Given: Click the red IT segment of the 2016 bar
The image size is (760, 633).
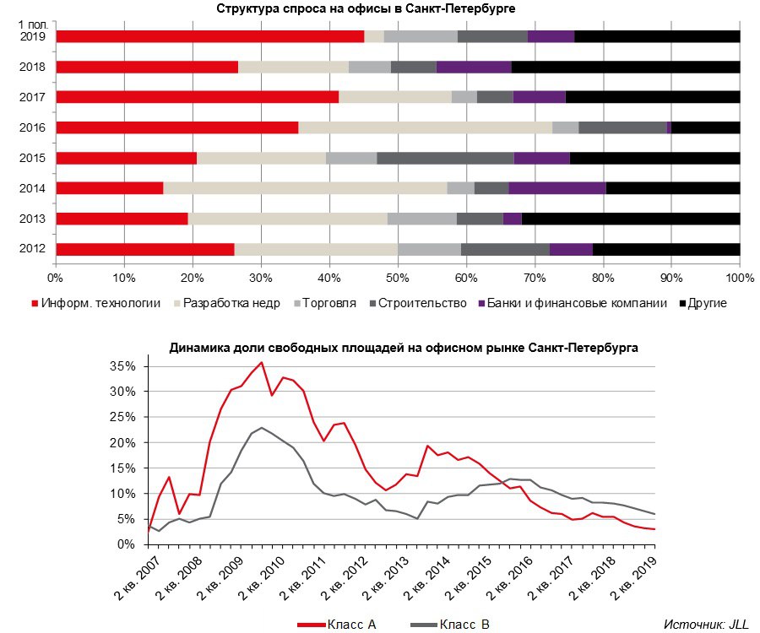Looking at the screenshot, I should click(x=176, y=127).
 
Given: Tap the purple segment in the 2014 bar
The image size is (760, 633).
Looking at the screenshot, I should click(x=557, y=188).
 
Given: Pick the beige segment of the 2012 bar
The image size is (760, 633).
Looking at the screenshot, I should click(x=316, y=249).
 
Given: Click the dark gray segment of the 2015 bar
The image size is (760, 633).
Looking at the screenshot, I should click(x=445, y=158).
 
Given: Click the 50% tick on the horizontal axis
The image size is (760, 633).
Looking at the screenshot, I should click(x=398, y=277).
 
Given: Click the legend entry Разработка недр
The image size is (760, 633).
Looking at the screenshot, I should click(x=225, y=303).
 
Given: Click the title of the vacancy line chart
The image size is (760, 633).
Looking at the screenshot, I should click(x=404, y=347).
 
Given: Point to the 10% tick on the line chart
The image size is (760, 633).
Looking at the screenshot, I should click(x=124, y=493).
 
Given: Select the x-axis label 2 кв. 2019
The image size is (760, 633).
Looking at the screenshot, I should click(x=634, y=582).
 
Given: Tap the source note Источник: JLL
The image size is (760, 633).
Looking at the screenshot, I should click(x=700, y=624).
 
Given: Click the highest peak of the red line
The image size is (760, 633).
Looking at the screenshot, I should click(x=261, y=362).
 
